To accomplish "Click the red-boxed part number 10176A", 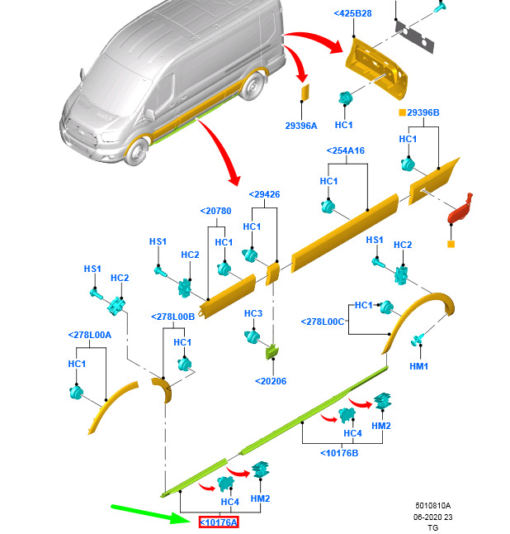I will pos(219,522).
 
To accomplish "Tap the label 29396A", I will pos(301,125).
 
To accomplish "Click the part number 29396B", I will pos(423,112).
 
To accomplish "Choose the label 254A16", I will pos(346,151).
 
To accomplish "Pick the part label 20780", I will pos(215,211).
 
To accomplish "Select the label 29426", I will pos(264,194).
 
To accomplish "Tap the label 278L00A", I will pos(89,334).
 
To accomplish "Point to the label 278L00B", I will pos(173,317).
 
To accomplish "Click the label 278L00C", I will pos(322,321).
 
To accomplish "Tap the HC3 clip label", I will pos(253,314).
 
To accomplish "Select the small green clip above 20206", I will pos(273,353).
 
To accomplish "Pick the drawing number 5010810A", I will pos(433,504).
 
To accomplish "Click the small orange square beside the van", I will pos(305,92).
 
